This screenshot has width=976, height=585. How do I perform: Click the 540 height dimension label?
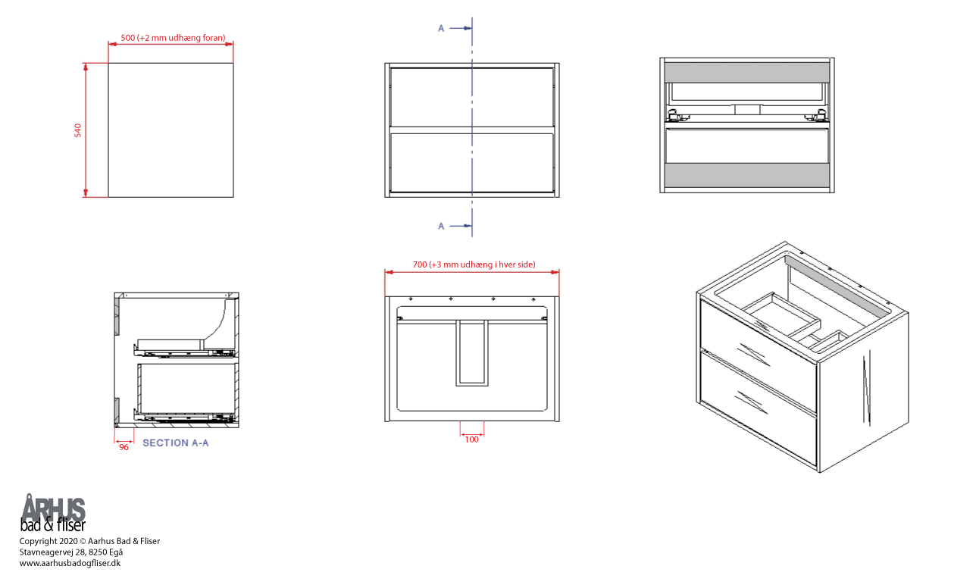point(77,130)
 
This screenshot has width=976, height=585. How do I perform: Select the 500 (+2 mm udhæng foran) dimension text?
point(173,38)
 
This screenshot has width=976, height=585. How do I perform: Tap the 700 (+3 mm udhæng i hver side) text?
point(474,264)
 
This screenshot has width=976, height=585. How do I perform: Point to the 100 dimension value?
point(472,440)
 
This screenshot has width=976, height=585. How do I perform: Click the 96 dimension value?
point(124,447)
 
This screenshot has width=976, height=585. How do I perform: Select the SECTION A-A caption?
point(176,443)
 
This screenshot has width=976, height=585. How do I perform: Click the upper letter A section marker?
point(441,29)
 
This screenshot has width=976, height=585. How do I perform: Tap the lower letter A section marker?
point(441,226)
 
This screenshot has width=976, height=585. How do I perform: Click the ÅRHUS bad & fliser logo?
point(53,514)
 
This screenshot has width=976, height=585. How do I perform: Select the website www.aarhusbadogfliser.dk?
point(70,563)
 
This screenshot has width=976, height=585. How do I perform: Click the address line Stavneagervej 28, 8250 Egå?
point(71,552)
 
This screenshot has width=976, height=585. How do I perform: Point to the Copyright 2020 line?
point(89,541)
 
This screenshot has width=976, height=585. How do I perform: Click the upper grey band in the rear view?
point(747,72)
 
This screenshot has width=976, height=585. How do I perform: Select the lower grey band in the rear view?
point(747,175)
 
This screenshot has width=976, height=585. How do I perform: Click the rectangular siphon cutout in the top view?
point(472,353)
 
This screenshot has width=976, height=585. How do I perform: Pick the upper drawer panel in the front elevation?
point(472,97)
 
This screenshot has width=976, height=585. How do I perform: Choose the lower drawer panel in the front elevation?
point(472,162)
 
